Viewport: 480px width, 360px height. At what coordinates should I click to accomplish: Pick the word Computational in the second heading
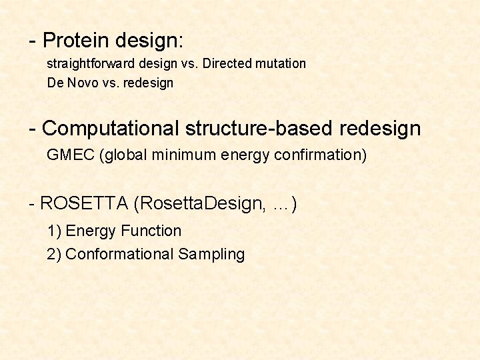coord(111,127)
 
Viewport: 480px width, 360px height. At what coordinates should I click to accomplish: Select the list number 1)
coord(54,231)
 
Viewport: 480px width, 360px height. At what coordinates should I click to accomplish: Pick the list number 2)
coord(54,254)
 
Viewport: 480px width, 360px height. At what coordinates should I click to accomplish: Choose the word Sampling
coord(211,255)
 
